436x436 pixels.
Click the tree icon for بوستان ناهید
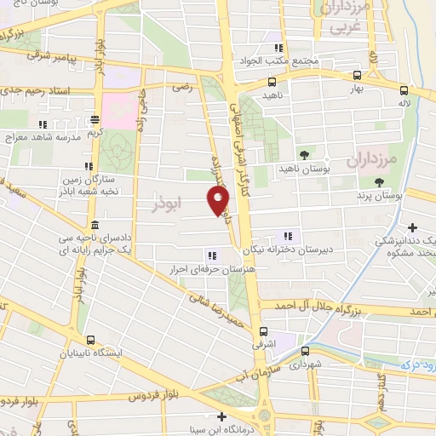click(304, 154)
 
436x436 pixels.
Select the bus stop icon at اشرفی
click(262, 331)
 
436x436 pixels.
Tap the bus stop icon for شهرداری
click(305, 349)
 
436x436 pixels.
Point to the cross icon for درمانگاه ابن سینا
click(222, 416)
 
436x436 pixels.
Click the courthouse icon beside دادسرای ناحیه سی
click(94, 225)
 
